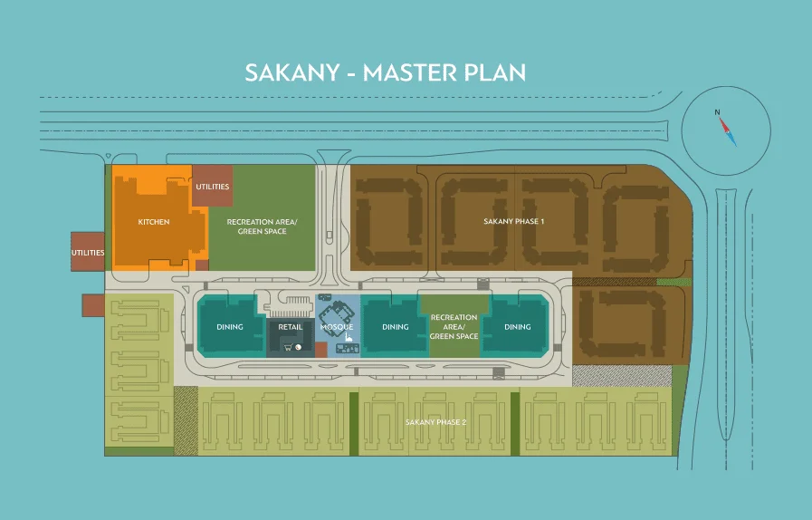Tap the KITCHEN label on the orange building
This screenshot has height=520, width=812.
pos(153,222)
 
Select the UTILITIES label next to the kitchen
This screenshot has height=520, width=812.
pos(213,187)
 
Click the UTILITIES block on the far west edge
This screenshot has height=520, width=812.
pos(88,253)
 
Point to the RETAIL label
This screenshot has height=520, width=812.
pos(291,327)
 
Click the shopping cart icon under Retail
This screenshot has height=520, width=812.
pos(288,347)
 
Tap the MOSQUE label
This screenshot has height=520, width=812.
pos(337,326)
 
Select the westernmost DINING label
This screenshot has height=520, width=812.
pos(229,327)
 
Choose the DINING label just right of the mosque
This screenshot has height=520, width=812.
pos(395,327)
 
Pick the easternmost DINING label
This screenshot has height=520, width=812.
pos(517,327)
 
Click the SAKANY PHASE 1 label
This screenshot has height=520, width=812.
pos(513,221)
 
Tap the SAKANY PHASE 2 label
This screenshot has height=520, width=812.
pos(435,423)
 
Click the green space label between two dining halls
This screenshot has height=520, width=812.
pos(454,327)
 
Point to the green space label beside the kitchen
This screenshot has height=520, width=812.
pos(262,226)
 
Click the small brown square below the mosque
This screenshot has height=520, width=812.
pos(320,349)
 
